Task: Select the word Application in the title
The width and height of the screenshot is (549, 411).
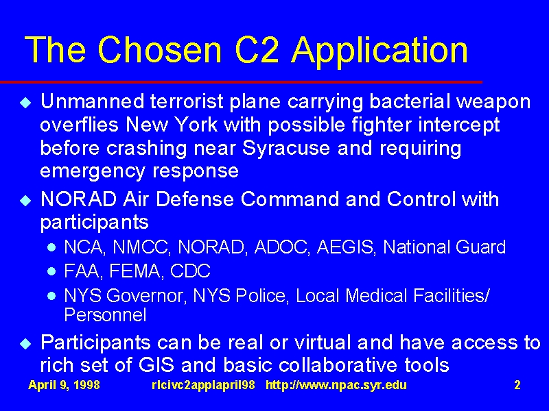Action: click(x=380, y=52)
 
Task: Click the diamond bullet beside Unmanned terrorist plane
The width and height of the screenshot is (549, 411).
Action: click(x=25, y=102)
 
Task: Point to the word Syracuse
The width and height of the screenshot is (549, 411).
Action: click(x=286, y=148)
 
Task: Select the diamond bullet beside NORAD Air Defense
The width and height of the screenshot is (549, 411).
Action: click(x=25, y=200)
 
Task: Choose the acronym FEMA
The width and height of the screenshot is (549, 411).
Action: click(x=137, y=271)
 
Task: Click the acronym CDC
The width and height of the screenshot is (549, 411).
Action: click(x=190, y=271)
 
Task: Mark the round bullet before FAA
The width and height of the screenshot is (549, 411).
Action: click(x=51, y=271)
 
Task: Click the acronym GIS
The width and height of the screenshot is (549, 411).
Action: click(x=156, y=365)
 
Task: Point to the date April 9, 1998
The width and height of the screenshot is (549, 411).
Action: click(x=64, y=385)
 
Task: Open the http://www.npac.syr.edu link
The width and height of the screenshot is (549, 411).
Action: click(x=336, y=385)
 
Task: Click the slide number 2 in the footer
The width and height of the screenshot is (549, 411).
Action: click(x=517, y=385)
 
